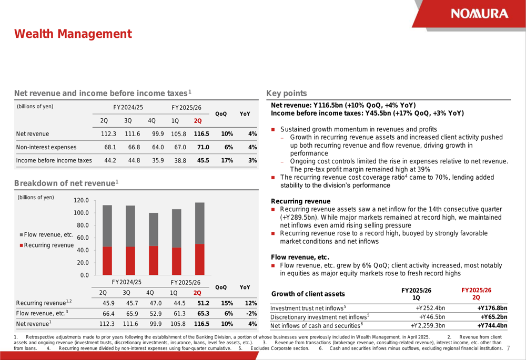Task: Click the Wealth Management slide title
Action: (x=73, y=34)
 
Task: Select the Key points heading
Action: (x=287, y=94)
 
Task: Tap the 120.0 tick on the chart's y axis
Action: (x=81, y=201)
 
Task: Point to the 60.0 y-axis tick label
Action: (x=83, y=238)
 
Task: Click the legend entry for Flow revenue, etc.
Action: (x=47, y=234)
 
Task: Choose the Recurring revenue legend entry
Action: (x=47, y=245)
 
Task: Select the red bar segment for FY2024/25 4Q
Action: (x=154, y=260)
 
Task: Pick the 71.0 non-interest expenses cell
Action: (x=203, y=147)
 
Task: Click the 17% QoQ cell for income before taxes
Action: (x=227, y=160)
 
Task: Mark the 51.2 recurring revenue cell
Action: (x=203, y=303)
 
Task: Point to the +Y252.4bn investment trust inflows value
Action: (x=430, y=308)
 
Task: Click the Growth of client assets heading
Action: (x=308, y=294)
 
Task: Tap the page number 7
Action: (x=509, y=348)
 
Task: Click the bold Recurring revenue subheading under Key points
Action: (x=300, y=201)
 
